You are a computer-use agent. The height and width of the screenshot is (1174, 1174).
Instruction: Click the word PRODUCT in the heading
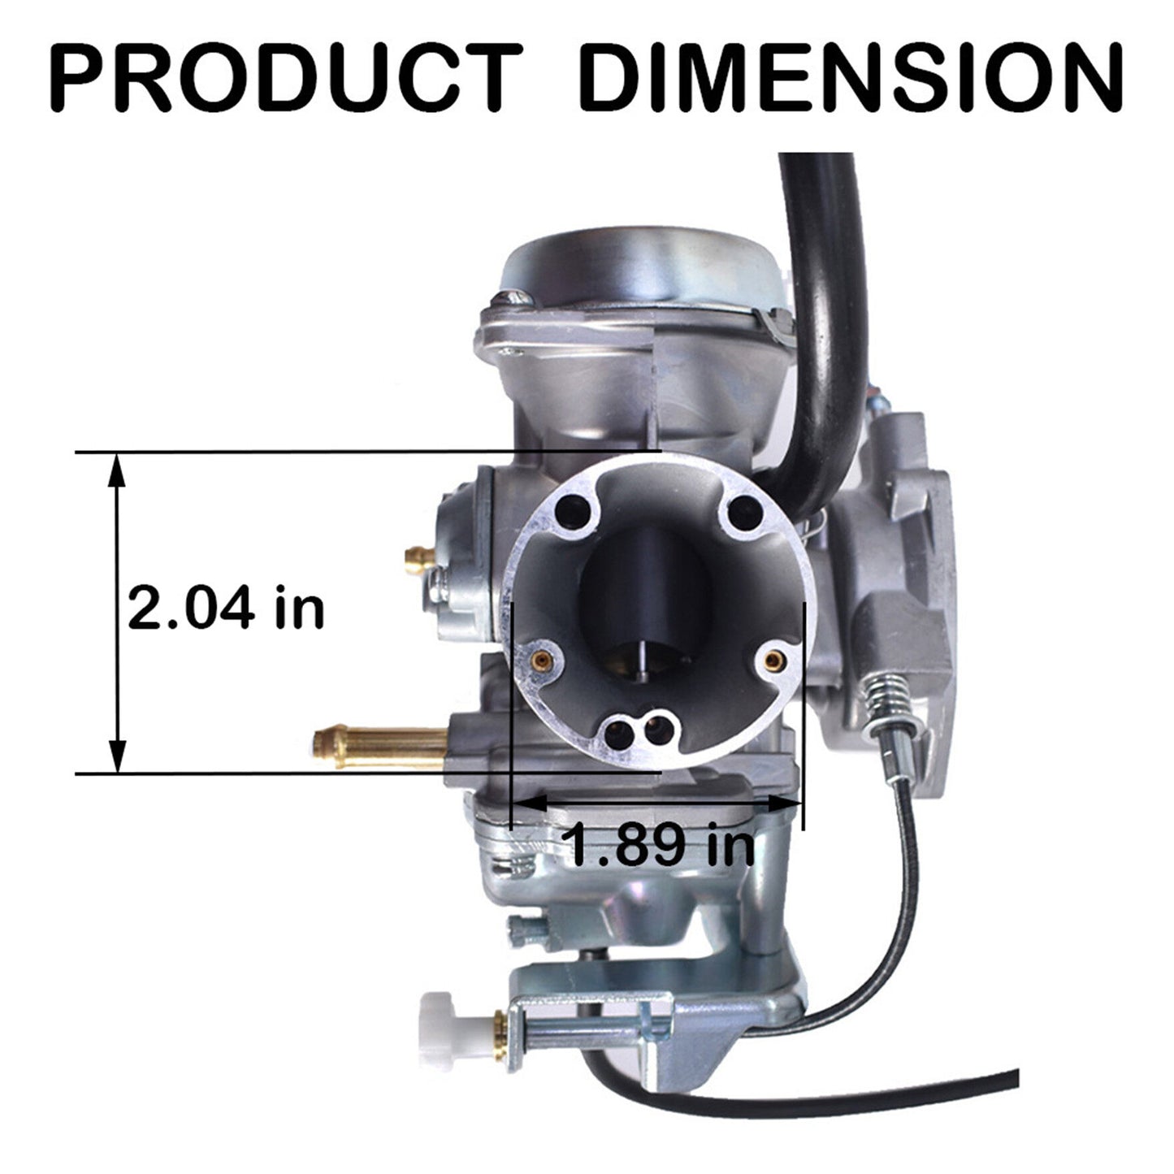(285, 76)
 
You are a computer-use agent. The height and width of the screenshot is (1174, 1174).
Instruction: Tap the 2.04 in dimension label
(226, 607)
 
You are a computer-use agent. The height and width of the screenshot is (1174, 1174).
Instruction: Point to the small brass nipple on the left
(420, 560)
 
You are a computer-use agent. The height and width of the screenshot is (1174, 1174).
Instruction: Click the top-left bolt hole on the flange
(574, 512)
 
